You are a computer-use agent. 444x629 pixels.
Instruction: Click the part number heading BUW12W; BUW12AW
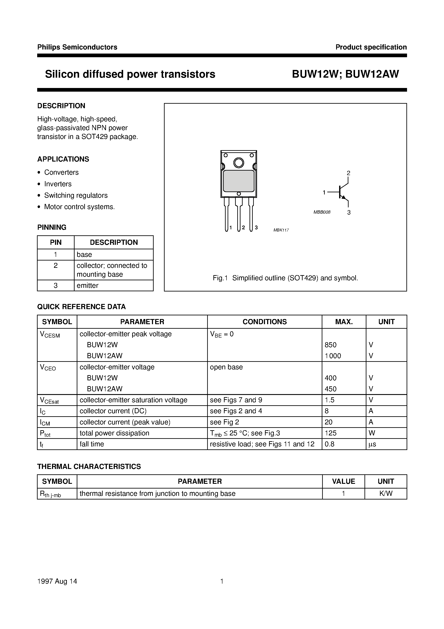point(345,74)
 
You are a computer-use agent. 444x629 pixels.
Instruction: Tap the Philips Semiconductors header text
point(77,47)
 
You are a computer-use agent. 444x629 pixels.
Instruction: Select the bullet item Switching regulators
point(76,195)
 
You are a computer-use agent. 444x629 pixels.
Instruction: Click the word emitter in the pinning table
point(87,285)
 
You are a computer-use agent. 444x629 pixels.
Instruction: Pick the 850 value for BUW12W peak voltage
point(330,345)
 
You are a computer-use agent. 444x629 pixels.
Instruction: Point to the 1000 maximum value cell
point(333,356)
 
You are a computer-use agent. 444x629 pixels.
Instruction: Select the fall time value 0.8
point(329,444)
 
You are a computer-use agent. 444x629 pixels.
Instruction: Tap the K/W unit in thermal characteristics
point(386,493)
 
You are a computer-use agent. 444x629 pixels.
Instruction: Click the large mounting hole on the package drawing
point(238,163)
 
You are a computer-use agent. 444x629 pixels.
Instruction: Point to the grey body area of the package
point(238,181)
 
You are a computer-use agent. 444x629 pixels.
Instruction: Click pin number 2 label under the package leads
point(243,228)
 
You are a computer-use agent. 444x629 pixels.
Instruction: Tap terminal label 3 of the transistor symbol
point(349,213)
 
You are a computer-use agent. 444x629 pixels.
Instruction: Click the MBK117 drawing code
point(281,230)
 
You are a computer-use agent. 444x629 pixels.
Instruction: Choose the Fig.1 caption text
point(285,278)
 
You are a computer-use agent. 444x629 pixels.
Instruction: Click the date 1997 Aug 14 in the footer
point(57,581)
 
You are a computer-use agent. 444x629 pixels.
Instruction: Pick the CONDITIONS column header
point(264,322)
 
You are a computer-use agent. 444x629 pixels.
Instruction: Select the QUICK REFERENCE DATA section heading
point(81,307)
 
